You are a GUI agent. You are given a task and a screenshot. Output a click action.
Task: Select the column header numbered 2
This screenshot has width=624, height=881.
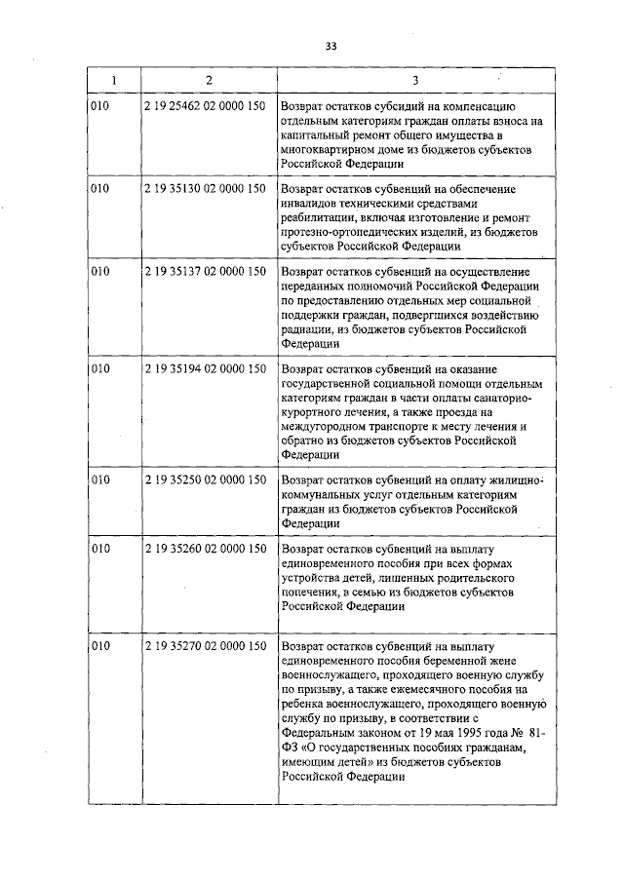[209, 79]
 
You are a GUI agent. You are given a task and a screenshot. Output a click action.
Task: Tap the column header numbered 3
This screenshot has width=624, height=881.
[415, 79]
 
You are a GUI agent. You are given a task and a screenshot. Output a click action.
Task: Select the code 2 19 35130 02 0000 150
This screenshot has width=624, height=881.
[204, 189]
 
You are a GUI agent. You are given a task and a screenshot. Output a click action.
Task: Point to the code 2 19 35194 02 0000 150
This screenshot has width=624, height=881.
[204, 368]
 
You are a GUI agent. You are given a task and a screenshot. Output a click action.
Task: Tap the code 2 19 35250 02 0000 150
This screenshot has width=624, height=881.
[204, 480]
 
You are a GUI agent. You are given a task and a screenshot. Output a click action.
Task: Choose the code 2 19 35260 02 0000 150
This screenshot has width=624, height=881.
[204, 550]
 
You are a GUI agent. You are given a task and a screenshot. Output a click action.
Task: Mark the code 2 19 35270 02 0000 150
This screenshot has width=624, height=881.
[204, 646]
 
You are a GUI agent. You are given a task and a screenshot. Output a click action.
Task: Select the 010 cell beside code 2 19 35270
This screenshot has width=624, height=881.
[99, 646]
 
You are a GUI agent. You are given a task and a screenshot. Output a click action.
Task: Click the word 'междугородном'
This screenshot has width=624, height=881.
[325, 425]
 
